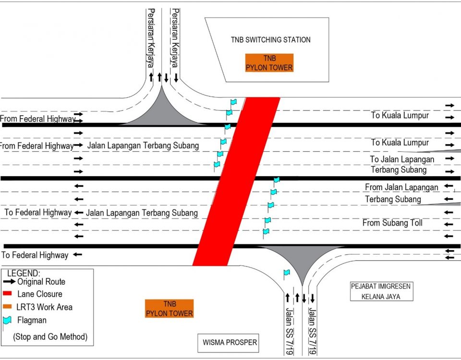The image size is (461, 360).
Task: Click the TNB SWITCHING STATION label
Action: tap(270, 40)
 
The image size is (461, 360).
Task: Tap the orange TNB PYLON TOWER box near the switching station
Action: tap(269, 63)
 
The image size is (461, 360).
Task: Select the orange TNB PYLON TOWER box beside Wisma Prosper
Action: tap(169, 309)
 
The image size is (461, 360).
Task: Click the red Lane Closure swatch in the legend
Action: tap(8, 294)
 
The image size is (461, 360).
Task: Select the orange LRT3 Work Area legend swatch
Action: tap(8, 307)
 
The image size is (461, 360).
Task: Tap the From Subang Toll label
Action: tap(392, 223)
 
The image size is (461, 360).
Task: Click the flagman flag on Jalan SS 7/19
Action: tap(286, 273)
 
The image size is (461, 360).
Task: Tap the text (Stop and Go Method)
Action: tap(50, 336)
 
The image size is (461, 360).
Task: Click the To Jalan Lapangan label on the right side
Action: tap(402, 159)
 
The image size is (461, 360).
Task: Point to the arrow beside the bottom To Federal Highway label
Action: tap(77, 255)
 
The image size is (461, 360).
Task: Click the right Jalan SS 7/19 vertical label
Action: tap(313, 331)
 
